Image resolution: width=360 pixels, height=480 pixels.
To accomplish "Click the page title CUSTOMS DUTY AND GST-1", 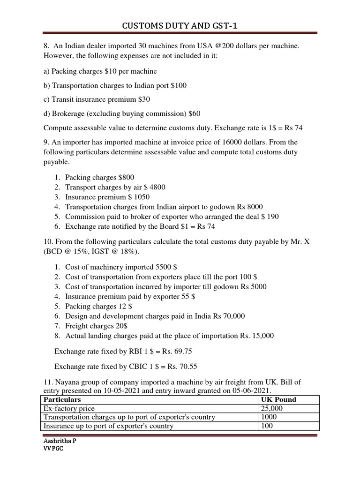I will point(180,26).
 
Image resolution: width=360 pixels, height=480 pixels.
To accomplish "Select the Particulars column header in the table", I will point(62,400).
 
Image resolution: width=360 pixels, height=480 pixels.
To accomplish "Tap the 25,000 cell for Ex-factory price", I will point(271,409).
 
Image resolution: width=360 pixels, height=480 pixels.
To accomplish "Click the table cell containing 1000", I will point(269,417).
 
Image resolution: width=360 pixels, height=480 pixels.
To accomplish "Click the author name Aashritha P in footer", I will point(60,442).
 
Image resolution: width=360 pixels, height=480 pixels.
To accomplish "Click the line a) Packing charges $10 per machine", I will point(100,71).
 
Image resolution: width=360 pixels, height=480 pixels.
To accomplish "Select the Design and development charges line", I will point(155,316).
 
